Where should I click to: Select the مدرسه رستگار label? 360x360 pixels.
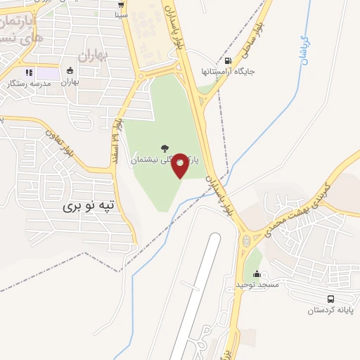28,84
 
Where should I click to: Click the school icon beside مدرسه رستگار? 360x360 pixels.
28,72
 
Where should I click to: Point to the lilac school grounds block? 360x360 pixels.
49,72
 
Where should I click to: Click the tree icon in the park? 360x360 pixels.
165,148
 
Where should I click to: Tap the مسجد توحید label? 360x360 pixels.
258,285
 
